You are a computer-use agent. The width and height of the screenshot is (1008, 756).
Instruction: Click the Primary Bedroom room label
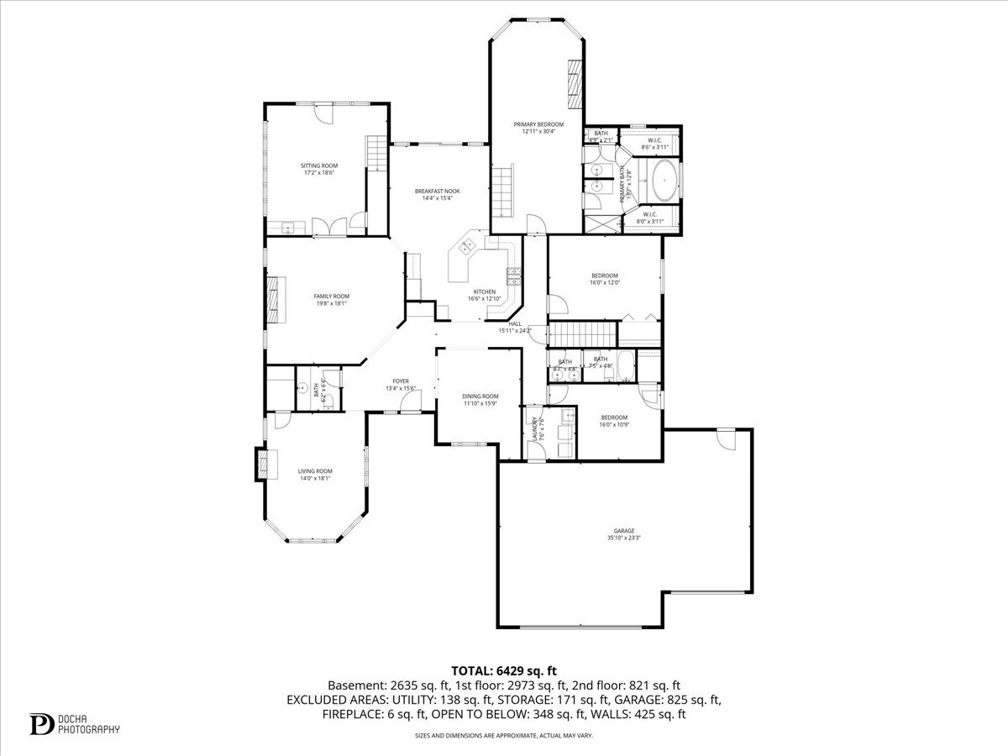pyautogui.click(x=538, y=127)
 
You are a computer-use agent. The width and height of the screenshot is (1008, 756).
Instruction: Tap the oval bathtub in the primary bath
pyautogui.click(x=664, y=181)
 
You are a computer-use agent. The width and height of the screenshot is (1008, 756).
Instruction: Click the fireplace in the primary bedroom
pyautogui.click(x=574, y=84)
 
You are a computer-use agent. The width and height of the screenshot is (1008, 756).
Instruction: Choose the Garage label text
pyautogui.click(x=623, y=534)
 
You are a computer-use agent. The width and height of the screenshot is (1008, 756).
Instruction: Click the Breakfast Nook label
pyautogui.click(x=437, y=195)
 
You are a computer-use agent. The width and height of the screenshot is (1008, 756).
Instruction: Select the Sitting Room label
pyautogui.click(x=319, y=169)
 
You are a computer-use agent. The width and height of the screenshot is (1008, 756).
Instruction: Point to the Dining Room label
pyautogui.click(x=480, y=400)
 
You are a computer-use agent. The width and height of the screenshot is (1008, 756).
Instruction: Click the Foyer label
pyautogui.click(x=401, y=384)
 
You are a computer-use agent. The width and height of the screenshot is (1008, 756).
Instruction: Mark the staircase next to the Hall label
pyautogui.click(x=582, y=334)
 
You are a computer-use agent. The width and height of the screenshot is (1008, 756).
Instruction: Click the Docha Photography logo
pyautogui.click(x=75, y=723)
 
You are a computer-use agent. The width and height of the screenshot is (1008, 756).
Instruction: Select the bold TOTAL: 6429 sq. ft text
pyautogui.click(x=504, y=670)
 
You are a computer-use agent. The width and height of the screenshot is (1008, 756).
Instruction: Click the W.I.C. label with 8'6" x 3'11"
pyautogui.click(x=654, y=143)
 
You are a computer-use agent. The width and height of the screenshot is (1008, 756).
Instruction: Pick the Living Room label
pyautogui.click(x=315, y=475)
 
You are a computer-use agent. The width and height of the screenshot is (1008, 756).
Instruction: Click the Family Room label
pyautogui.click(x=331, y=300)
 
